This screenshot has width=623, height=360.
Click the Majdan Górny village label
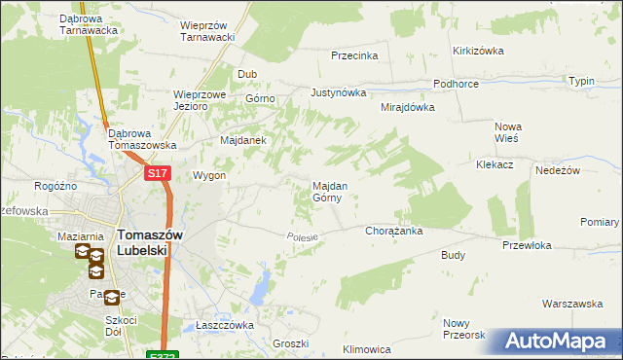[x=326, y=191]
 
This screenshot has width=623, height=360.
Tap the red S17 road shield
[x=159, y=173]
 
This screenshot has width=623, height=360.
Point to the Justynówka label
[x=338, y=93]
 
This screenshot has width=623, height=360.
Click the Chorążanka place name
[x=392, y=232]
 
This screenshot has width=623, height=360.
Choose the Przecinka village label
[x=354, y=56]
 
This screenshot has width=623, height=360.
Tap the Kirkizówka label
[x=476, y=51]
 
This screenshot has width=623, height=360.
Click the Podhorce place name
[x=456, y=85]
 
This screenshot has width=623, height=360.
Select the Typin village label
[x=582, y=82]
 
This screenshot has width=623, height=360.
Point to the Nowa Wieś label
[x=508, y=132]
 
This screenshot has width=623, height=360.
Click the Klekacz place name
[x=495, y=165]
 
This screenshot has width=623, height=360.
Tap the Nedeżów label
[x=558, y=170]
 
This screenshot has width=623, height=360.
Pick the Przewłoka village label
[x=527, y=246]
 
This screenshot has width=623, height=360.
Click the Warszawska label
[x=572, y=305]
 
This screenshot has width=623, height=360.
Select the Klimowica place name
[x=367, y=348]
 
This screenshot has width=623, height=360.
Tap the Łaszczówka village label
[x=225, y=325]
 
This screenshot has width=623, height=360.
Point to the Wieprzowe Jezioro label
[x=201, y=101]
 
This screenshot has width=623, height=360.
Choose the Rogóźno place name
[x=55, y=185]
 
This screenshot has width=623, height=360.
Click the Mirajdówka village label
[x=407, y=108]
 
